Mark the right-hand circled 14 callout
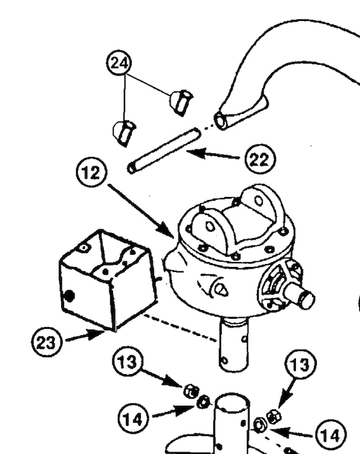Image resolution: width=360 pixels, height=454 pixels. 329,434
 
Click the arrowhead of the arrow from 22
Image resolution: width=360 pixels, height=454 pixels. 189,151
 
